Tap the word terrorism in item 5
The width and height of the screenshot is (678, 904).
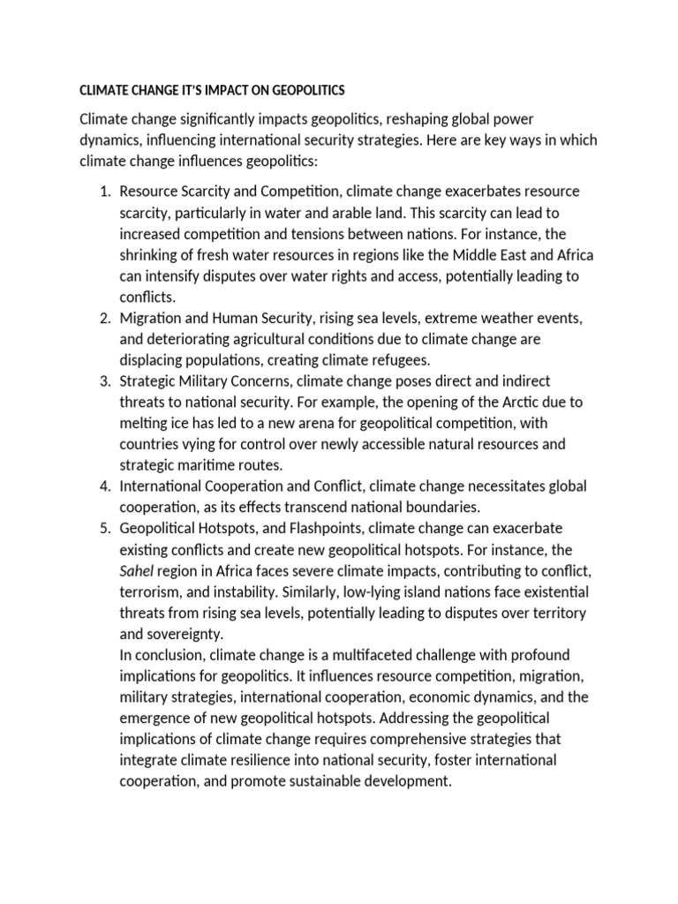coord(151,591)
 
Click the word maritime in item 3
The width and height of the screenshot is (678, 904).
coord(209,464)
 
